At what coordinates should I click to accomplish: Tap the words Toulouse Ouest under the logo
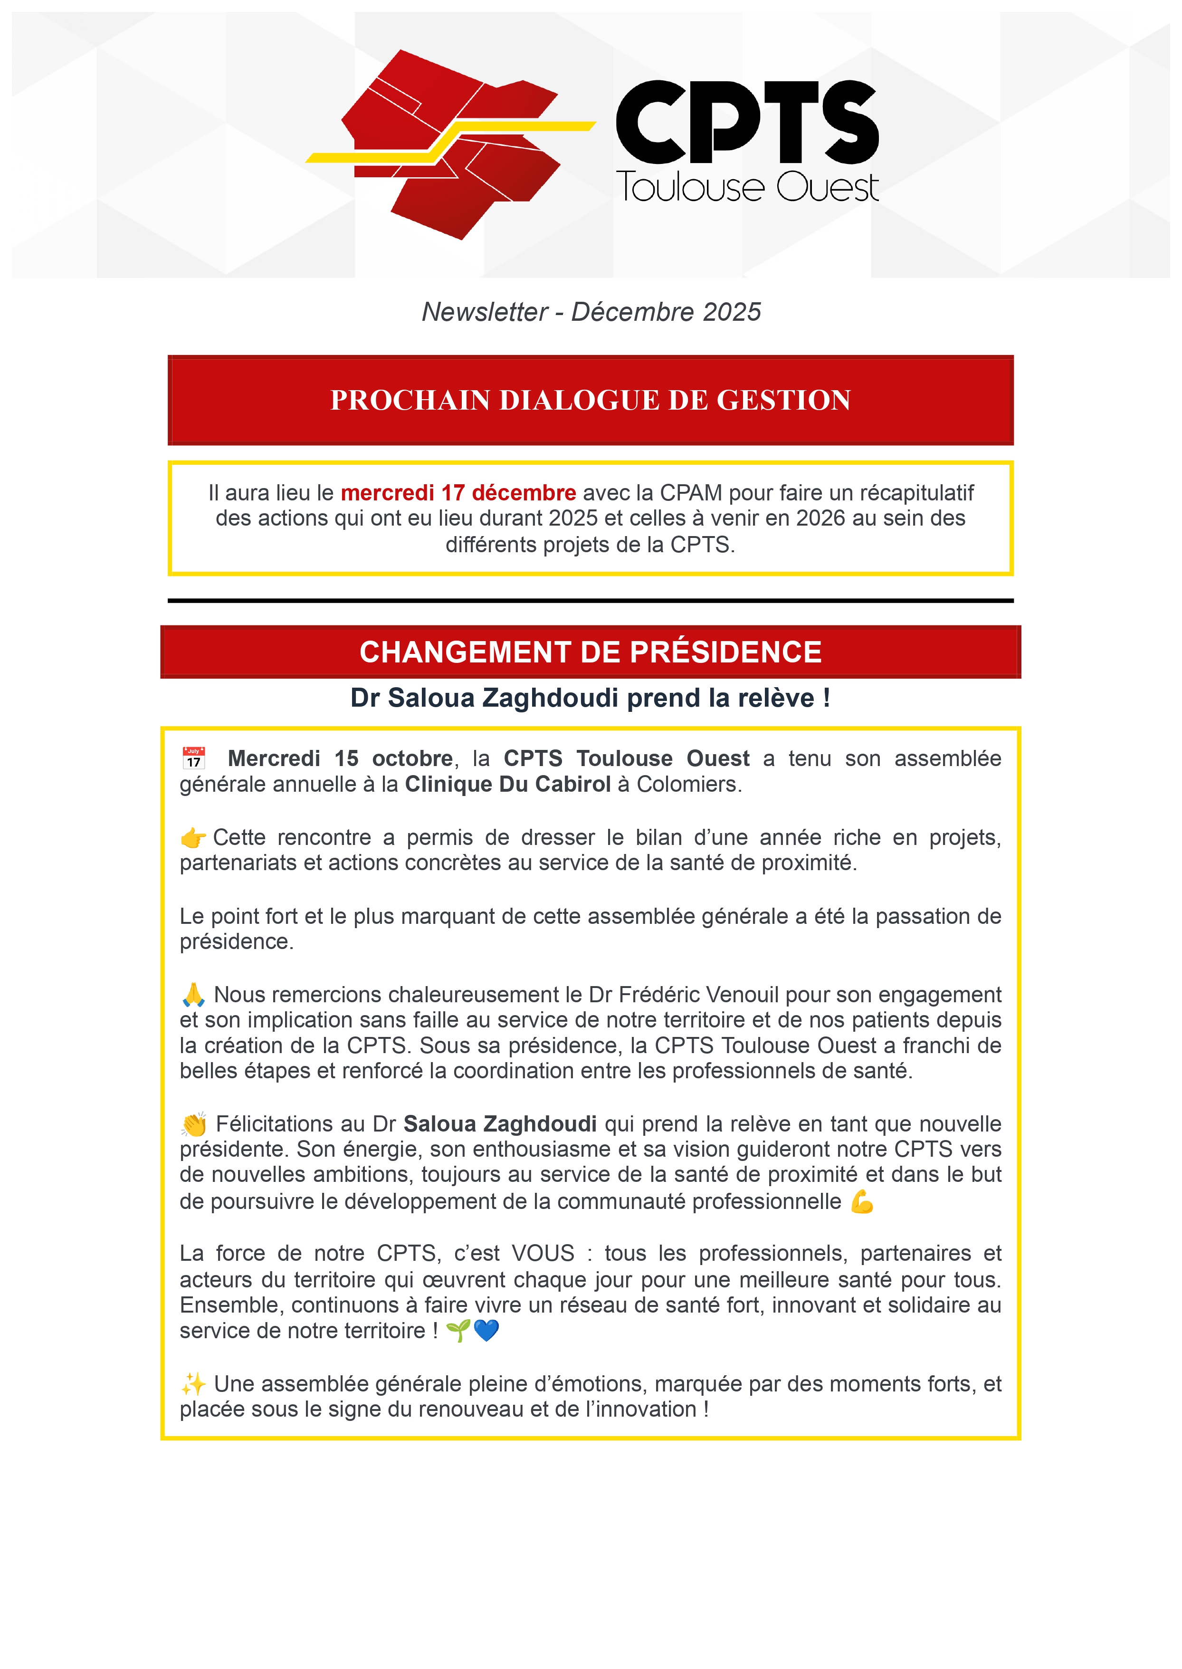pos(747,187)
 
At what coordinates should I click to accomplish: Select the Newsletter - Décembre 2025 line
pos(591,312)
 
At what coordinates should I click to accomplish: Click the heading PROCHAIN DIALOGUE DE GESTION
pos(590,400)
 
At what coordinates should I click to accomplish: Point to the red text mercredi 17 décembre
pos(458,493)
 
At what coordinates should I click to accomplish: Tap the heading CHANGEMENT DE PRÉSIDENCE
pos(590,652)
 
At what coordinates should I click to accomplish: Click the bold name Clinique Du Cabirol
pos(507,784)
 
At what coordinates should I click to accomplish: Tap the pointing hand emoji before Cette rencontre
pos(193,838)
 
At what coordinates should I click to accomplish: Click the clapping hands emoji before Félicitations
pos(194,1124)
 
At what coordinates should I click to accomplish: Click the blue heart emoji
pos(486,1331)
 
